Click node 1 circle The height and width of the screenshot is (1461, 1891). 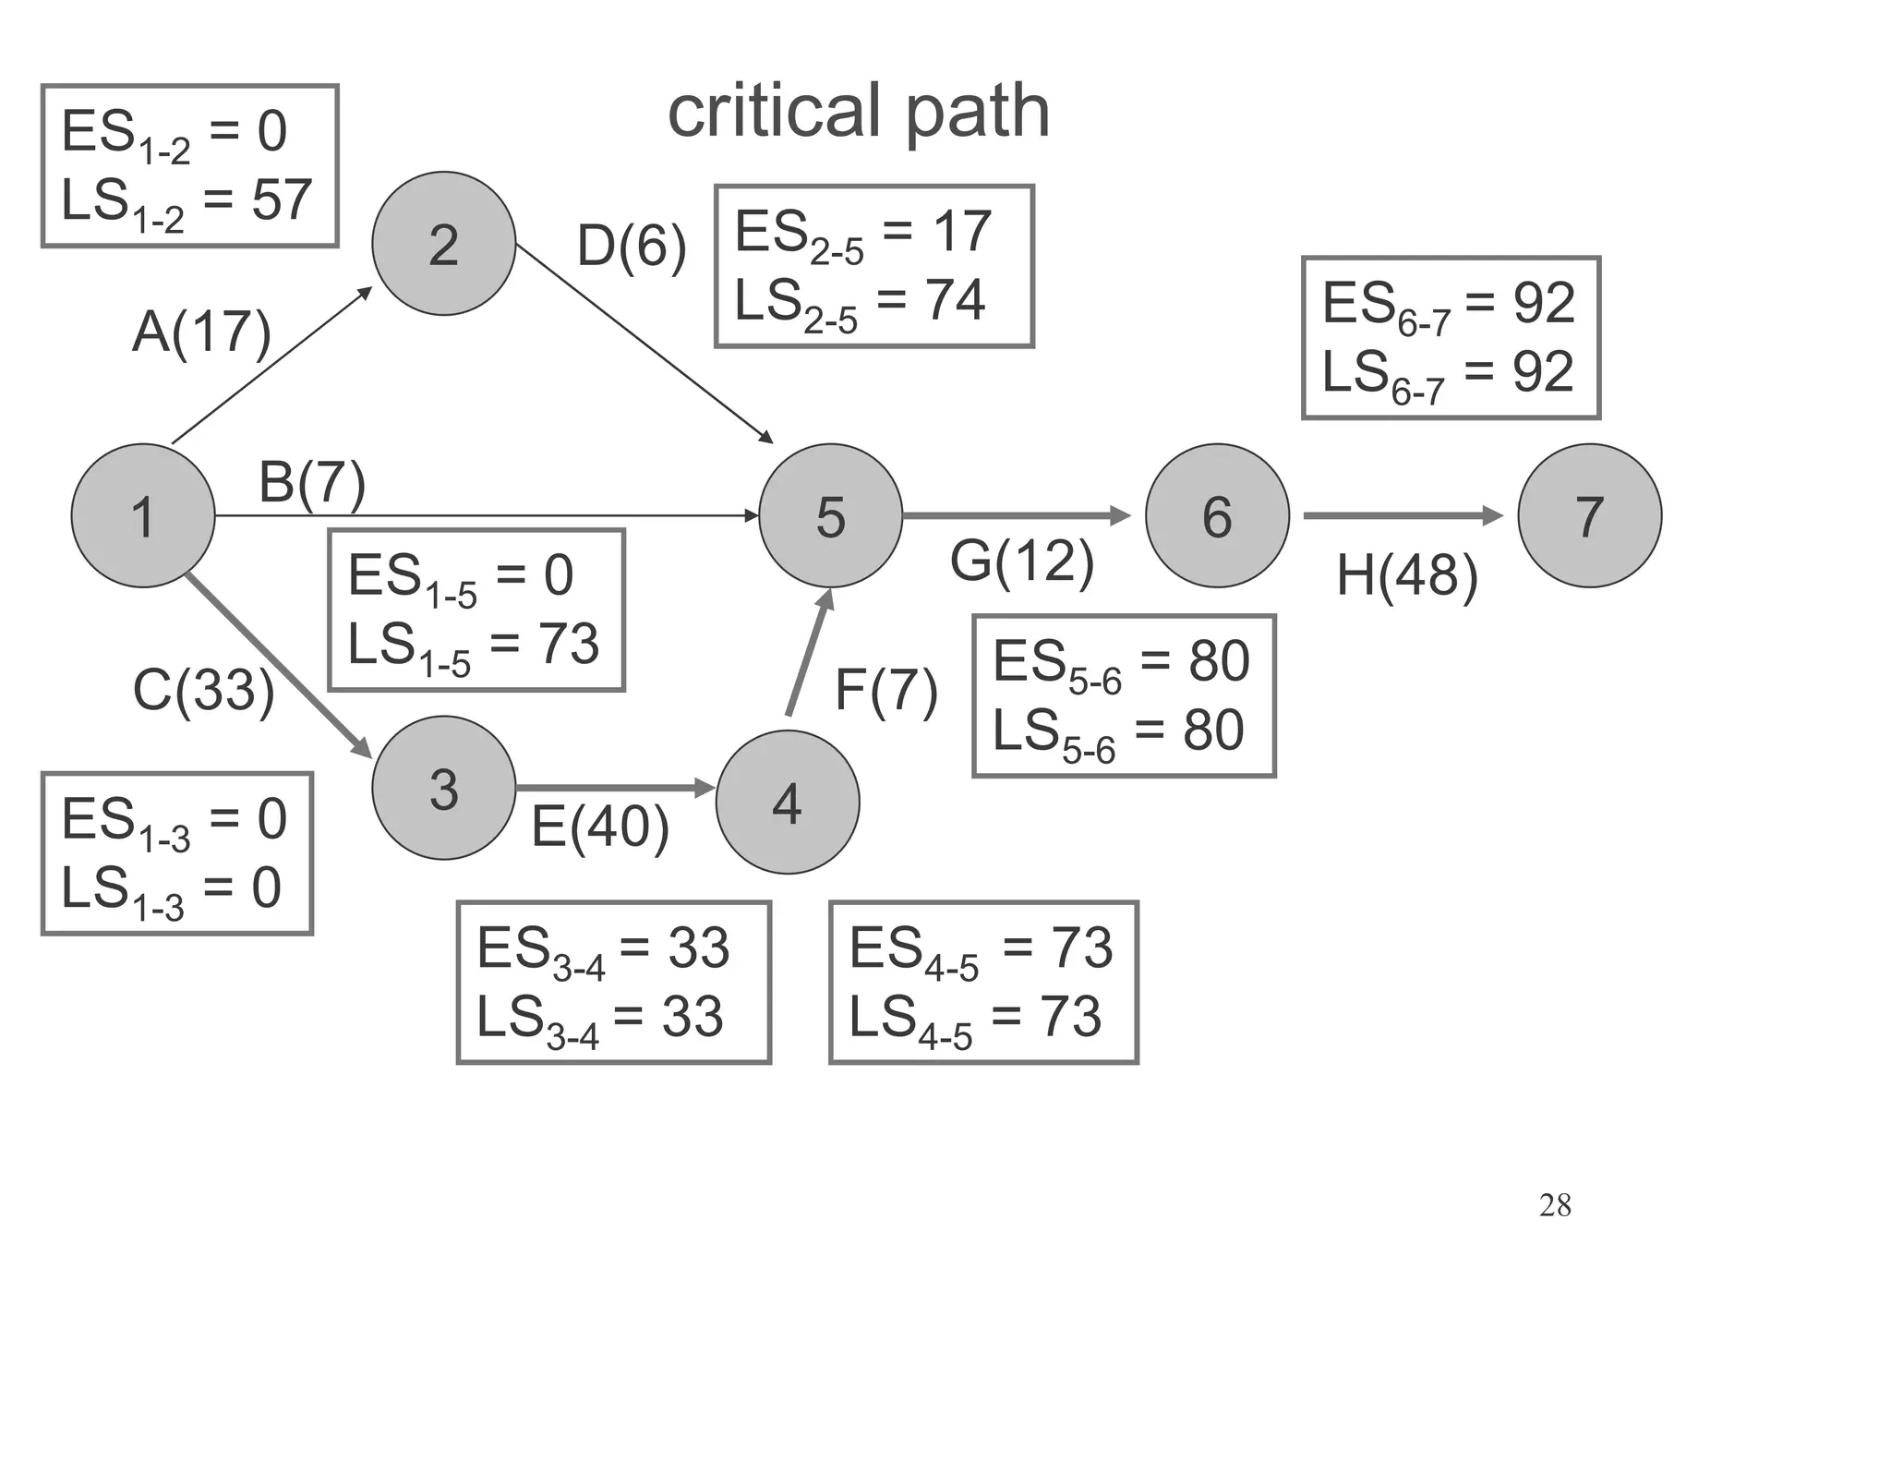pyautogui.click(x=143, y=515)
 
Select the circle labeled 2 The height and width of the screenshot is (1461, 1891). pyautogui.click(x=444, y=244)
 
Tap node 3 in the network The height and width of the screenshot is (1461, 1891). pyautogui.click(x=444, y=789)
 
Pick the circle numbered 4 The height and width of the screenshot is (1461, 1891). pyautogui.click(x=788, y=803)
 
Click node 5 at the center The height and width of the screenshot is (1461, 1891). pyautogui.click(x=830, y=515)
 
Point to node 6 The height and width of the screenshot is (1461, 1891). pyautogui.click(x=1217, y=515)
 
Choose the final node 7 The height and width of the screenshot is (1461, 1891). pyautogui.click(x=1589, y=515)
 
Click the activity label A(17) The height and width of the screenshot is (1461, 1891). pyautogui.click(x=201, y=332)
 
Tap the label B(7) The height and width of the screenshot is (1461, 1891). pyautogui.click(x=312, y=482)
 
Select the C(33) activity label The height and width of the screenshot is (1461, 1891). pyautogui.click(x=204, y=690)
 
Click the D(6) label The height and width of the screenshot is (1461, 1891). pyautogui.click(x=632, y=247)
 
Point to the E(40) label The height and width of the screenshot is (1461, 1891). pyautogui.click(x=600, y=827)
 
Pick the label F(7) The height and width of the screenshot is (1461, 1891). pyautogui.click(x=886, y=690)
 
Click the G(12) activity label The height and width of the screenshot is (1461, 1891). pyautogui.click(x=1022, y=561)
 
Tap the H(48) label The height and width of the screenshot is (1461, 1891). pyautogui.click(x=1407, y=576)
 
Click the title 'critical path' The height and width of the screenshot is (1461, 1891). pyautogui.click(x=859, y=111)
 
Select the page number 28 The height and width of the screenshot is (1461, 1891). pyautogui.click(x=1555, y=1205)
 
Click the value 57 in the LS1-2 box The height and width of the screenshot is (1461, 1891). pyautogui.click(x=282, y=199)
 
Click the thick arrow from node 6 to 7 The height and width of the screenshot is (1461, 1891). pyautogui.click(x=1402, y=515)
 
